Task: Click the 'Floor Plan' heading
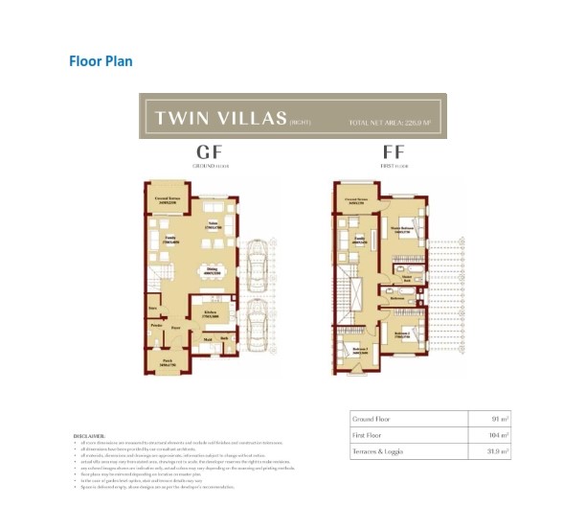(101, 61)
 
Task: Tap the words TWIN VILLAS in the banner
(221, 119)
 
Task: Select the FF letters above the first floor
(393, 152)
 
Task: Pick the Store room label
(152, 309)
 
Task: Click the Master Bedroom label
(402, 229)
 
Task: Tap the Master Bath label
(406, 279)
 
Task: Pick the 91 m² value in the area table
(496, 419)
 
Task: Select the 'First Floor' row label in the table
(370, 434)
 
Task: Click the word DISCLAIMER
(90, 434)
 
